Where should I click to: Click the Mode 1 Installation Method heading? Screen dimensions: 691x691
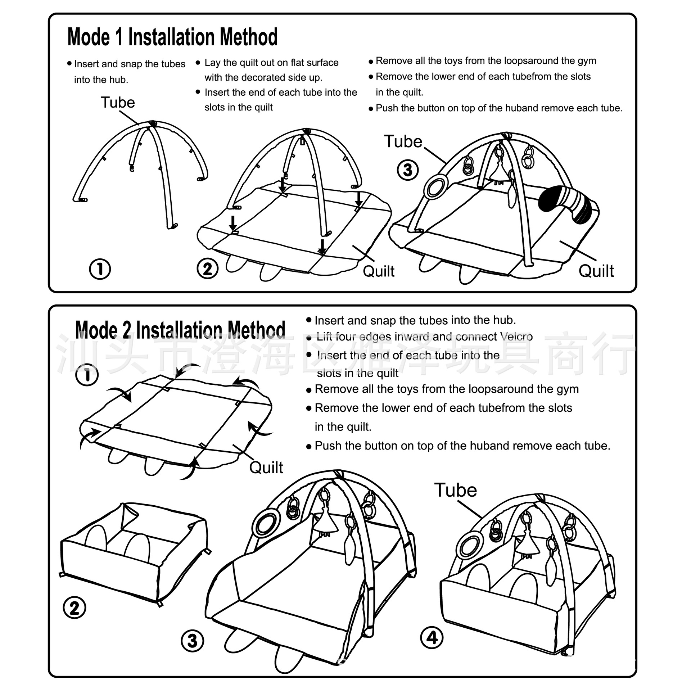[172, 37]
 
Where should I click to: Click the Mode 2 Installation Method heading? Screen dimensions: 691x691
[180, 330]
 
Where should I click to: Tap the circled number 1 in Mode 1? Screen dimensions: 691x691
[100, 269]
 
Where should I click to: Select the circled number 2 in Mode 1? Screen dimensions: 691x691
[208, 269]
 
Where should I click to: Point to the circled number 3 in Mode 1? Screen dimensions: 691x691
[408, 170]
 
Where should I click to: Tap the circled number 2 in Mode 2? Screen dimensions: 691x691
[74, 608]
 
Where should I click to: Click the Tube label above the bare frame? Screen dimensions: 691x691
[118, 103]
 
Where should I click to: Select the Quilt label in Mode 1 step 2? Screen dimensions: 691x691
[379, 271]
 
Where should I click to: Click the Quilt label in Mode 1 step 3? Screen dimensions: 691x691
[596, 271]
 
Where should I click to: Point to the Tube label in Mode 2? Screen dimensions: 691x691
[456, 490]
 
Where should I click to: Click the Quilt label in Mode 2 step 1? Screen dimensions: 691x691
[266, 468]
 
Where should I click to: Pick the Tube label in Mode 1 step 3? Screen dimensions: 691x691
[403, 141]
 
